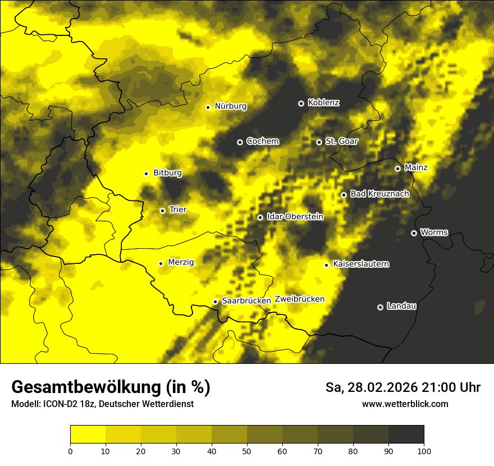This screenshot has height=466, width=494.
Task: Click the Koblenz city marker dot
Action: click(301, 103)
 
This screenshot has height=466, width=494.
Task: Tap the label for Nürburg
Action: click(231, 106)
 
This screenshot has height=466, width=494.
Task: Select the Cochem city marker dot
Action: click(240, 142)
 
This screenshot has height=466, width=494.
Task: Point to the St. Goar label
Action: click(341, 141)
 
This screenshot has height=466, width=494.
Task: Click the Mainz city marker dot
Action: click(397, 168)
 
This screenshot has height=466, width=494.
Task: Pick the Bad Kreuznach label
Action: click(379, 194)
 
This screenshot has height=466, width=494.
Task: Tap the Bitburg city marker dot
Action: click(146, 173)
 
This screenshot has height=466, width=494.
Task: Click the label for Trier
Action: click(178, 209)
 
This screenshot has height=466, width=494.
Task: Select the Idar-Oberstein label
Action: click(295, 217)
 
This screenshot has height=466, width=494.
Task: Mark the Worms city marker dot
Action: click(414, 233)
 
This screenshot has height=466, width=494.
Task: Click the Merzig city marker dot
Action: click(161, 263)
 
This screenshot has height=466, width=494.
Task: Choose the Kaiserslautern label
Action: click(361, 264)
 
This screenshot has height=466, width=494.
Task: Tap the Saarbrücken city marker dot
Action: click(215, 301)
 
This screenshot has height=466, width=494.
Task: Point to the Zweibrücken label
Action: click(300, 299)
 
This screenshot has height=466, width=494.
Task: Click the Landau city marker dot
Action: click(380, 307)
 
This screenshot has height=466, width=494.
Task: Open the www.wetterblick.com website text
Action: click(405, 404)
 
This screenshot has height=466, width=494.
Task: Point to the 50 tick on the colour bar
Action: click(247, 451)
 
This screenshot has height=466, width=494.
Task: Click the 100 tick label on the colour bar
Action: click(424, 451)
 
